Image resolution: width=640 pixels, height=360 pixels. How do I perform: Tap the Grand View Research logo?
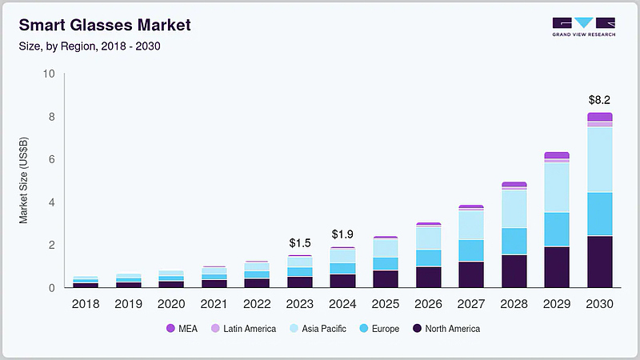pyautogui.click(x=583, y=26)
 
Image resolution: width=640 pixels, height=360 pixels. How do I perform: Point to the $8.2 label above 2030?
pyautogui.click(x=599, y=100)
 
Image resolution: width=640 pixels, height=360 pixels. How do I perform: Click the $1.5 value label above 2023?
pyautogui.click(x=300, y=242)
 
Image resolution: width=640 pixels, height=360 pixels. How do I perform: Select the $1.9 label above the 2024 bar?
pyautogui.click(x=343, y=234)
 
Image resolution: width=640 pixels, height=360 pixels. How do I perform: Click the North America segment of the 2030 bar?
pyautogui.click(x=599, y=262)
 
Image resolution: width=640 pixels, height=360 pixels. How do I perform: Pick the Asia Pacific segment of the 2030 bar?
pyautogui.click(x=599, y=160)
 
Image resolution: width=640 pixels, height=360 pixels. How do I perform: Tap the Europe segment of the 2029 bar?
pyautogui.click(x=556, y=229)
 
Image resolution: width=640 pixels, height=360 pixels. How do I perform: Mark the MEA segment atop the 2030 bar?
pyautogui.click(x=599, y=117)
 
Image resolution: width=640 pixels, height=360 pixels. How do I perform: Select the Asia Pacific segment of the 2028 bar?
pyautogui.click(x=514, y=209)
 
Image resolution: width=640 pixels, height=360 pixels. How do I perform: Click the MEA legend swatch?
pyautogui.click(x=170, y=328)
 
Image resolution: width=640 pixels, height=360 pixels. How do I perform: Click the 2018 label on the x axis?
pyautogui.click(x=86, y=303)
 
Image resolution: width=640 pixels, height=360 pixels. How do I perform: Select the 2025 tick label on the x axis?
pyautogui.click(x=385, y=303)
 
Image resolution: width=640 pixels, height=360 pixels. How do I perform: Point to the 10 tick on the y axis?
pyautogui.click(x=49, y=74)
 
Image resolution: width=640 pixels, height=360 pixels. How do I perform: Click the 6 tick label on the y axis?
pyautogui.click(x=51, y=160)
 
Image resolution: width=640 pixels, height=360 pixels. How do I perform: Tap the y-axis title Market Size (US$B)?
pyautogui.click(x=23, y=181)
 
